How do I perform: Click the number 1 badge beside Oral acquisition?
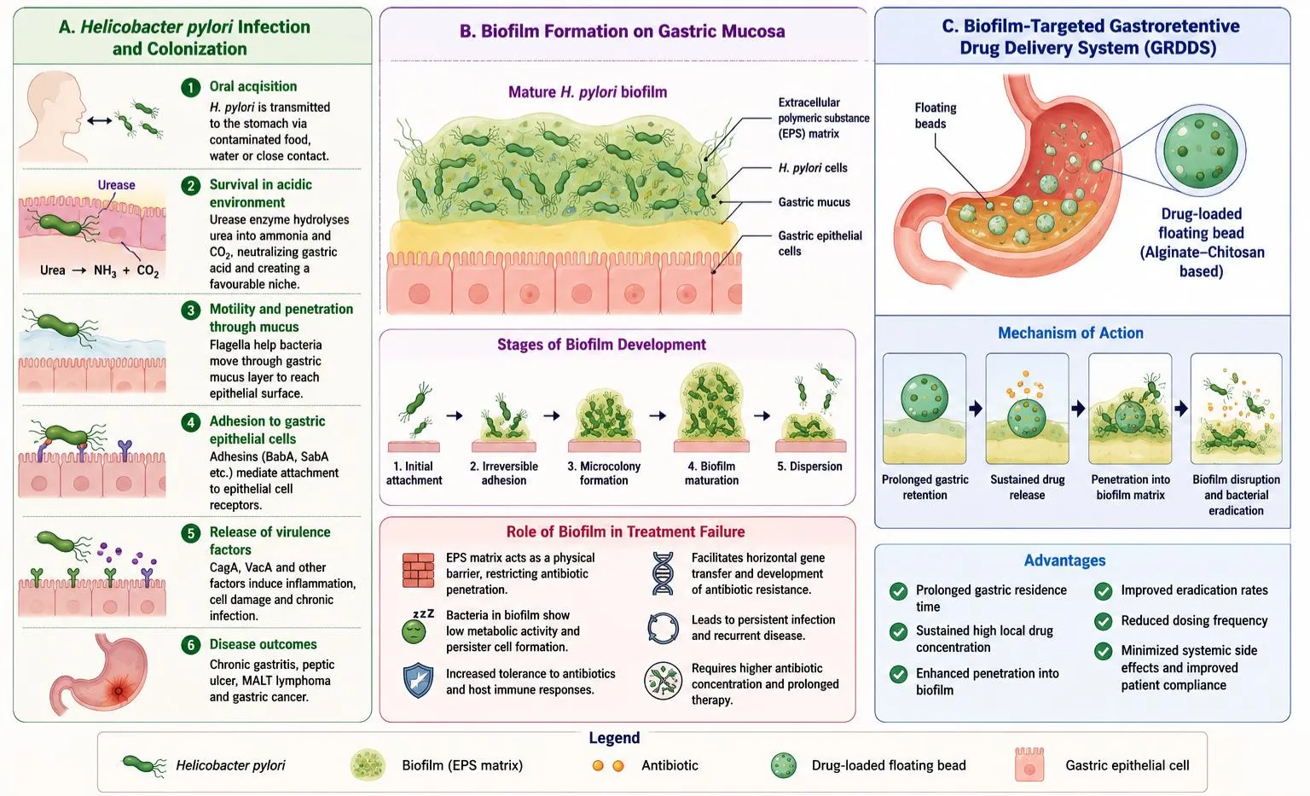point(191,87)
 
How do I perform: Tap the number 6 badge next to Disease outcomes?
point(191,645)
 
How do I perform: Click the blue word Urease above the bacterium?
point(116,185)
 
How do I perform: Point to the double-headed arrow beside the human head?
point(100,121)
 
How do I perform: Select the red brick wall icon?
point(418,570)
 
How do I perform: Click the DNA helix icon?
point(663,573)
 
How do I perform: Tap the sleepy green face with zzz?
point(416,627)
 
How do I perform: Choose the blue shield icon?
point(418,681)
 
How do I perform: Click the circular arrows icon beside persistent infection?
point(664,629)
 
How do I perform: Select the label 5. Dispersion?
point(809,467)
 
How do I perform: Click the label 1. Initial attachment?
point(414,474)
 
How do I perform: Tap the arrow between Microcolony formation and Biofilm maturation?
point(658,415)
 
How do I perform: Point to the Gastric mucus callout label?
point(814,202)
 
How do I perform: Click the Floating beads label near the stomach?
point(935,116)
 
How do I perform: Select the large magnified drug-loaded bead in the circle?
point(1201,151)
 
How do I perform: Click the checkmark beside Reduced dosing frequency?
point(1103,621)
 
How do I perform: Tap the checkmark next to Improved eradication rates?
point(1103,591)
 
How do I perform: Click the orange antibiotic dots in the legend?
point(607,765)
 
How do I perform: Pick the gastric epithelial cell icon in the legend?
point(1029,764)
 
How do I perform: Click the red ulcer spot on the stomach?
point(119,690)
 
